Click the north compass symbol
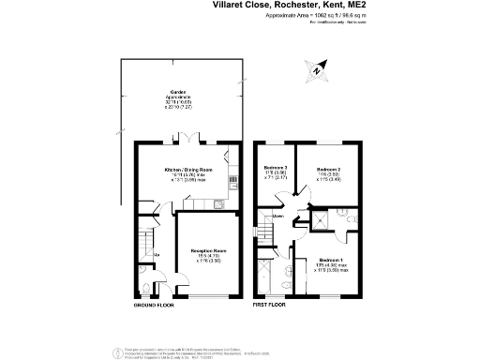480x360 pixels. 319,68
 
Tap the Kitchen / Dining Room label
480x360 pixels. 183,169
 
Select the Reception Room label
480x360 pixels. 208,251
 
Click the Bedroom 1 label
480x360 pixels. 330,259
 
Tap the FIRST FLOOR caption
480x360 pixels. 268,306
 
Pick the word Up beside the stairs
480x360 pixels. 156,254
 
